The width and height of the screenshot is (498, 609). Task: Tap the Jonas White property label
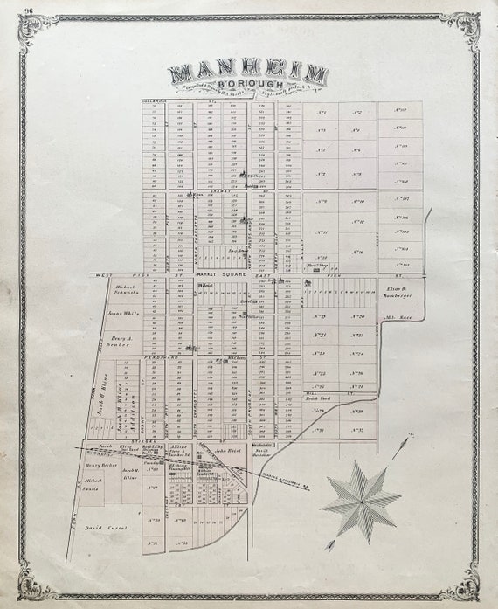(x=124, y=313)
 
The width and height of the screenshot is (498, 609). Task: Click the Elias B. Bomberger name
(x=398, y=293)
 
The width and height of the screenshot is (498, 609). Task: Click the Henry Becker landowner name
(x=103, y=466)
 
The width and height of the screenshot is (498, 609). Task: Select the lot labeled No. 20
(x=356, y=316)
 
